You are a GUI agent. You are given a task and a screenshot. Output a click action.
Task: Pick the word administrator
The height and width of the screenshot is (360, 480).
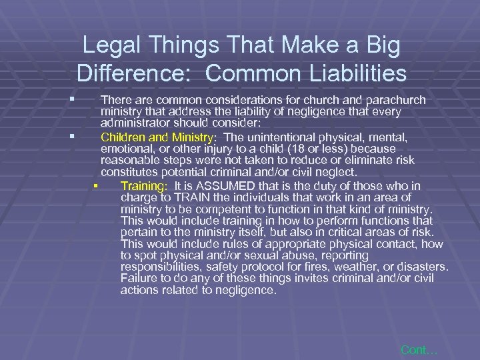click(134, 124)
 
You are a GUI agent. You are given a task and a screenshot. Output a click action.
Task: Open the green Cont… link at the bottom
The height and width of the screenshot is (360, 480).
click(419, 349)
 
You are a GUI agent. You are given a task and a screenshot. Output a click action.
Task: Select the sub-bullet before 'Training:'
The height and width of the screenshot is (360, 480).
click(96, 186)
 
